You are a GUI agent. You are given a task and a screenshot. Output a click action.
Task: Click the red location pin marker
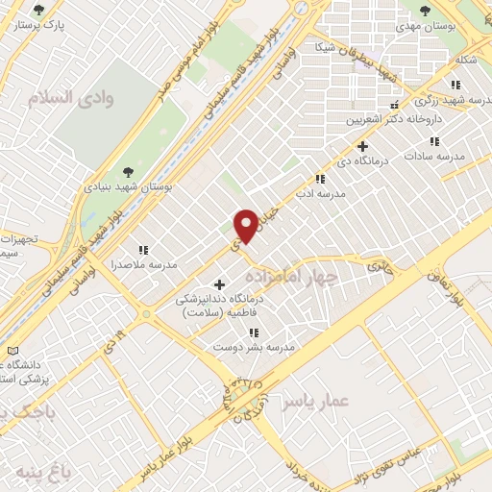(x=247, y=225)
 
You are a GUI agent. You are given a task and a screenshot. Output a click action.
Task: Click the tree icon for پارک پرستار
(x=38, y=12)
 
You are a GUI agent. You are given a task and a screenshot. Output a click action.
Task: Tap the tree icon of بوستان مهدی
(x=425, y=12)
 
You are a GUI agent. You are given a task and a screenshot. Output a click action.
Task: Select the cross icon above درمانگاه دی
(x=362, y=147)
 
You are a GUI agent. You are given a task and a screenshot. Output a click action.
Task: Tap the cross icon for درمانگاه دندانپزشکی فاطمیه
(x=220, y=284)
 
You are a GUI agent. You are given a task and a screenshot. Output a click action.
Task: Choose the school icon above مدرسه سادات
(x=434, y=141)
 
